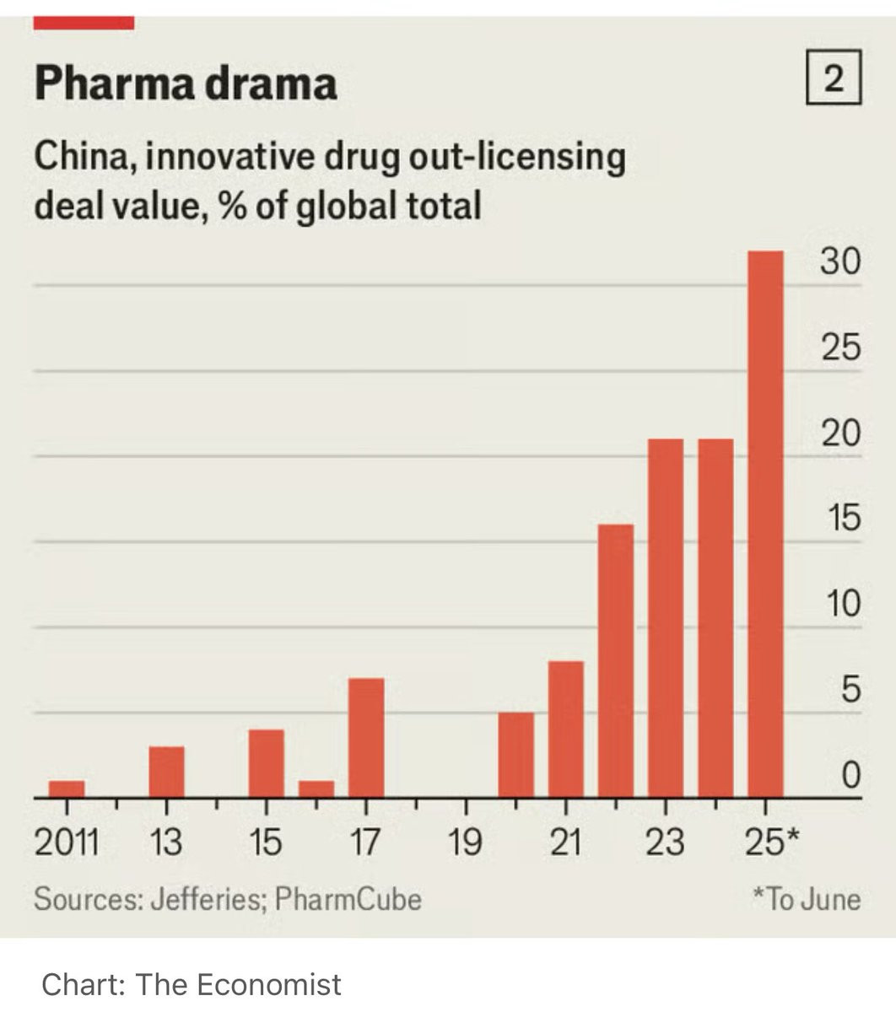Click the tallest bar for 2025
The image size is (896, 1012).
click(765, 523)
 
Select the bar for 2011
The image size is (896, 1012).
click(67, 789)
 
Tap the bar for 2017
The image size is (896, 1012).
click(366, 737)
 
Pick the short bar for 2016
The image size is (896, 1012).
click(316, 789)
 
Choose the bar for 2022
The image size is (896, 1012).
click(616, 660)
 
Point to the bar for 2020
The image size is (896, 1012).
click(516, 755)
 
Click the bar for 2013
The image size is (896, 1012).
click(166, 772)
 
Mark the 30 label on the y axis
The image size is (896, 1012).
click(840, 262)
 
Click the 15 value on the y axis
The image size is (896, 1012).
click(840, 518)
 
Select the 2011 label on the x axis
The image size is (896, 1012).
click(67, 842)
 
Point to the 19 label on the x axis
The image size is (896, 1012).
click(465, 842)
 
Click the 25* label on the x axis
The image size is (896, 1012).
click(771, 842)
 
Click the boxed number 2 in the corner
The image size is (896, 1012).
click(834, 80)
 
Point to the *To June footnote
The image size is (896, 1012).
click(807, 899)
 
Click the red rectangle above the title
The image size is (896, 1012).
click(84, 23)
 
